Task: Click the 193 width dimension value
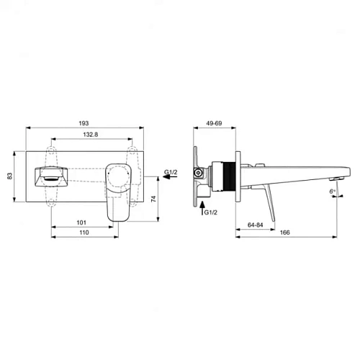click(84, 123)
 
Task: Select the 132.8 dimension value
click(91, 135)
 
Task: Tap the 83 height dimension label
click(9, 176)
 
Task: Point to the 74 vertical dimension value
click(153, 199)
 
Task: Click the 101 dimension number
click(81, 222)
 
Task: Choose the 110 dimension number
click(84, 233)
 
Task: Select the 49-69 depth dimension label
click(214, 123)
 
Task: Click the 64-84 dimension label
click(256, 225)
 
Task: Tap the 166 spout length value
click(285, 233)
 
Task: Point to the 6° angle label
click(332, 191)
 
